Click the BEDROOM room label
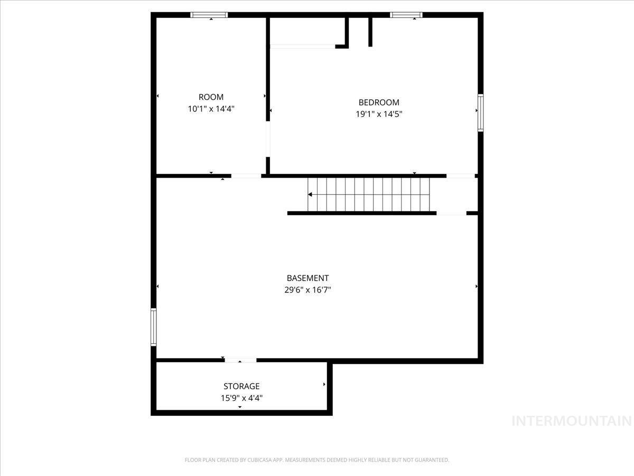pyautogui.click(x=379, y=103)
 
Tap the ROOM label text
pyautogui.click(x=211, y=97)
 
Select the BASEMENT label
pyautogui.click(x=307, y=278)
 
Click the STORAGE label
pyautogui.click(x=241, y=387)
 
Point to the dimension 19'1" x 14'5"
pyautogui.click(x=379, y=114)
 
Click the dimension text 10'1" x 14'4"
pyautogui.click(x=211, y=109)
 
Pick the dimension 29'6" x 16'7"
pyautogui.click(x=307, y=290)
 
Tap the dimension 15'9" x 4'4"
pyautogui.click(x=241, y=398)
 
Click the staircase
pyautogui.click(x=369, y=194)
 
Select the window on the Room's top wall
pyautogui.click(x=209, y=15)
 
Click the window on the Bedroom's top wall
pyautogui.click(x=406, y=15)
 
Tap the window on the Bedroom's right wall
pyautogui.click(x=480, y=112)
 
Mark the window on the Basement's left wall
pyautogui.click(x=154, y=327)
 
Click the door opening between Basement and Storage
pyautogui.click(x=240, y=360)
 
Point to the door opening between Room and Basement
pyautogui.click(x=246, y=176)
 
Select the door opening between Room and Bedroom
pyautogui.click(x=268, y=139)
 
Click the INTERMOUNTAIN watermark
pyautogui.click(x=572, y=421)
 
